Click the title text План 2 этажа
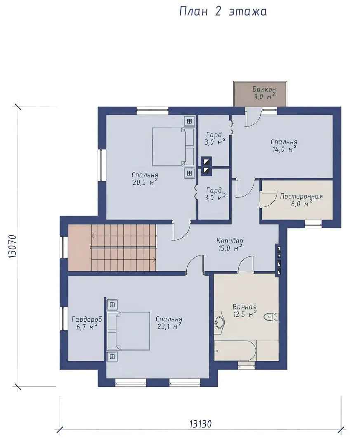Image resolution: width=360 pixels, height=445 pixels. click(223, 12)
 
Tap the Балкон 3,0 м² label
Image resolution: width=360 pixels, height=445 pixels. click(264, 93)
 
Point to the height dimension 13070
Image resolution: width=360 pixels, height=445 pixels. click(12, 246)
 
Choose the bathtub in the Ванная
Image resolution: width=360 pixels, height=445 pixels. click(235, 351)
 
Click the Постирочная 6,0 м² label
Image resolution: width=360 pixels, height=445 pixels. click(301, 199)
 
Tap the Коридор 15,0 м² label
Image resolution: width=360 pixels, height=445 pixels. click(230, 244)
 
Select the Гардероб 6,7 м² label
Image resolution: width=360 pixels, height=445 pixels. click(87, 323)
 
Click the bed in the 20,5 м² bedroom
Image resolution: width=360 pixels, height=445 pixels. click(173, 147)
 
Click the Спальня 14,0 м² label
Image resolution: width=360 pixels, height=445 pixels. click(284, 145)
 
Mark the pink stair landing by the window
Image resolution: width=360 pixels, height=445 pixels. click(80, 247)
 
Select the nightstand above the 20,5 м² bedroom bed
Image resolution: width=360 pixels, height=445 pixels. click(189, 121)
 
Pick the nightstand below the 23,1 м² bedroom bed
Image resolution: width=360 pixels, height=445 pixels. click(112, 356)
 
